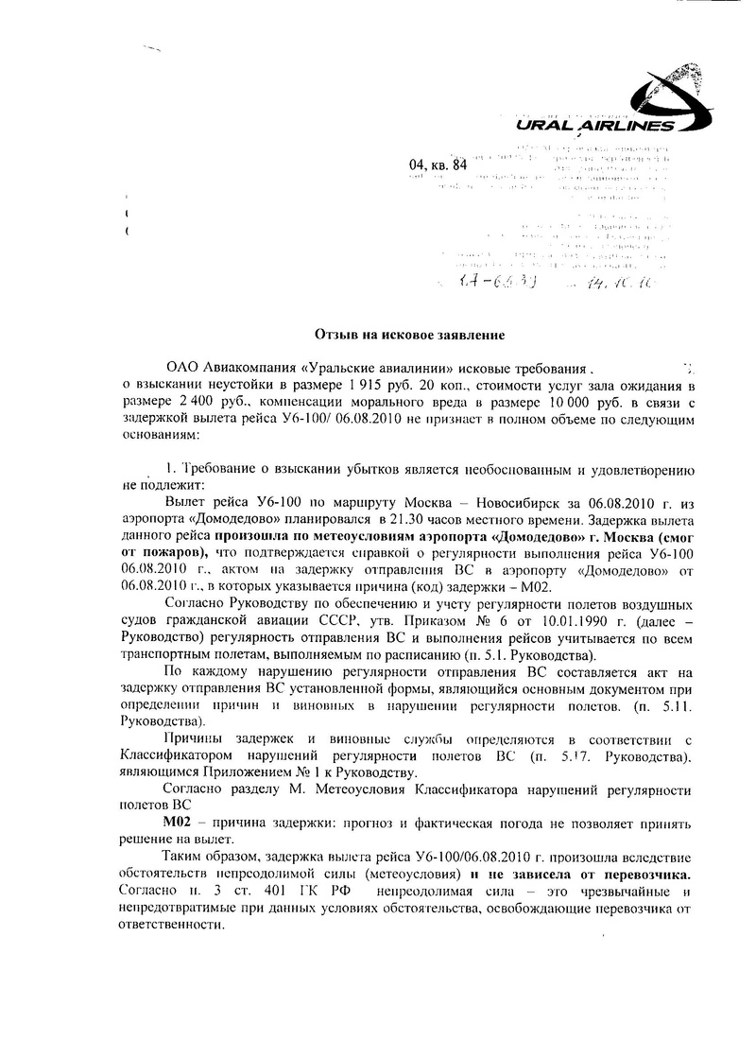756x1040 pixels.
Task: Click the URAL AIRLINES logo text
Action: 595,127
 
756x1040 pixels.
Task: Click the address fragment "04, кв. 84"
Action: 438,166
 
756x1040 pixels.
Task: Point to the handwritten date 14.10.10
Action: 618,282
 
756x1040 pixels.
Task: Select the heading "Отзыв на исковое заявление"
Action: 410,334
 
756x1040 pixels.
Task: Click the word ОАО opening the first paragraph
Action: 183,367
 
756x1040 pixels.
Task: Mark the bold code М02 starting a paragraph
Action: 178,823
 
